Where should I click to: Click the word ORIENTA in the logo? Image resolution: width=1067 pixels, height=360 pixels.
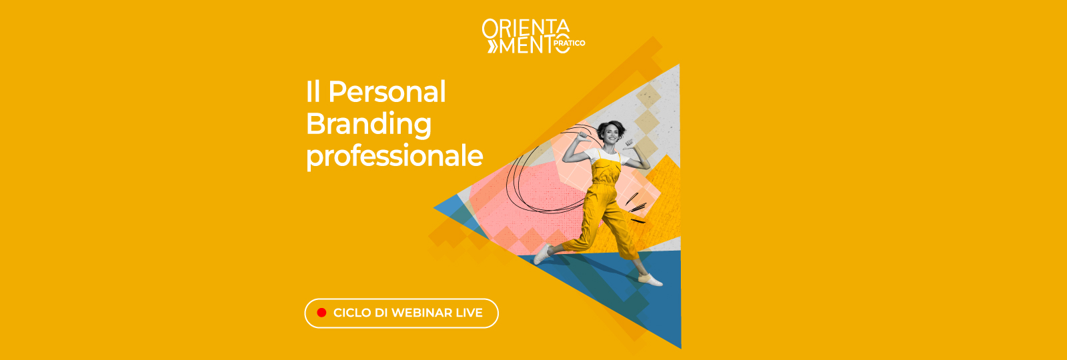click(x=525, y=28)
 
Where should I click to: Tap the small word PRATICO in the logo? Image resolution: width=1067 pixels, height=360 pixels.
click(x=570, y=43)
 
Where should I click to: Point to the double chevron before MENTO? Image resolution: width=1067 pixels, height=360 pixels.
click(x=492, y=45)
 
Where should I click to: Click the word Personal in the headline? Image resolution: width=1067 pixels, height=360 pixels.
click(x=387, y=92)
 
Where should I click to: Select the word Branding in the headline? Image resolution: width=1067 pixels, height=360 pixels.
click(x=369, y=124)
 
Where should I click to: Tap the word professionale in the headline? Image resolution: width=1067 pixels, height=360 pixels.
click(x=394, y=156)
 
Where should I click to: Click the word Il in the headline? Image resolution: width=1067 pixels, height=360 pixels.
click(x=313, y=92)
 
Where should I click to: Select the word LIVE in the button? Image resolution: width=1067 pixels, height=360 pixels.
click(x=469, y=313)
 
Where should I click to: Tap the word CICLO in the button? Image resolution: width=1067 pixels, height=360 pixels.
click(x=351, y=313)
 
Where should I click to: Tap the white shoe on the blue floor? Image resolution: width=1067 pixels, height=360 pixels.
click(x=650, y=279)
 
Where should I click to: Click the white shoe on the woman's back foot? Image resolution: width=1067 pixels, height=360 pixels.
click(x=542, y=254)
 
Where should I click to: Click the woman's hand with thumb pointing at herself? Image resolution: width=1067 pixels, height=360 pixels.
click(x=628, y=143)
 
